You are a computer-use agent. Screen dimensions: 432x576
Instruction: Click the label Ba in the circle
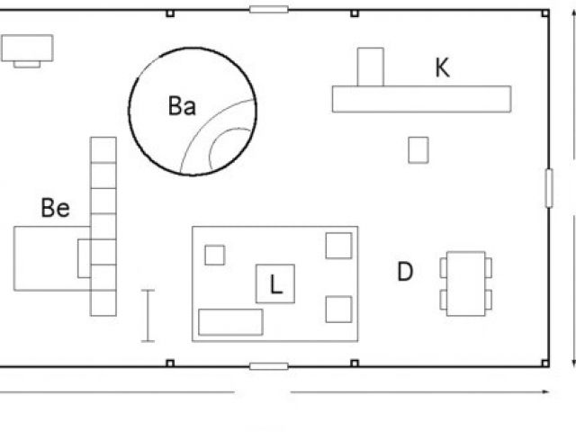point(182,106)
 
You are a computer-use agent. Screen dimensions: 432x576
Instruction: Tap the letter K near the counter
point(442,68)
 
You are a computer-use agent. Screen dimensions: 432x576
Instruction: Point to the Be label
point(55,209)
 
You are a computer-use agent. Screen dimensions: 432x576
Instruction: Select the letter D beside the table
point(405,271)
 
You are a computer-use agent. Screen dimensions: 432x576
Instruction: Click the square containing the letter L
point(275,283)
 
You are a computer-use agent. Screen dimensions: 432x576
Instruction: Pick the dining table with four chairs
point(465,283)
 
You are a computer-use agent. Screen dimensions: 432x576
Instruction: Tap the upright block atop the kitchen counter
point(371,67)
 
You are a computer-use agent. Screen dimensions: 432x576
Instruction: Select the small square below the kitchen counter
point(418,149)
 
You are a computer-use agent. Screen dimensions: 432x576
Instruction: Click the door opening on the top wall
point(268,10)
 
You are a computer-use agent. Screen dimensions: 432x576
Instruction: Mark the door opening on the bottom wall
point(268,365)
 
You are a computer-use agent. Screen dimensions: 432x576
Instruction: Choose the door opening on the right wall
point(547,187)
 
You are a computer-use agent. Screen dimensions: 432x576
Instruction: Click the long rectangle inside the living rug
point(230,321)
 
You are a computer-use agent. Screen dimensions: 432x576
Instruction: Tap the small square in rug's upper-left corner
point(214,255)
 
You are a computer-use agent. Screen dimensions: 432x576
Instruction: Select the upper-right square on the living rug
point(338,245)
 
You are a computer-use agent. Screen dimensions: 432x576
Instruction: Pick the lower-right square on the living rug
point(338,309)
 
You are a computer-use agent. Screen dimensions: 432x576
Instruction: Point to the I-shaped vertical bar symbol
point(148,315)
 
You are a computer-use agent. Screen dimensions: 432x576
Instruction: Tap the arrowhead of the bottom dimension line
point(546,392)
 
